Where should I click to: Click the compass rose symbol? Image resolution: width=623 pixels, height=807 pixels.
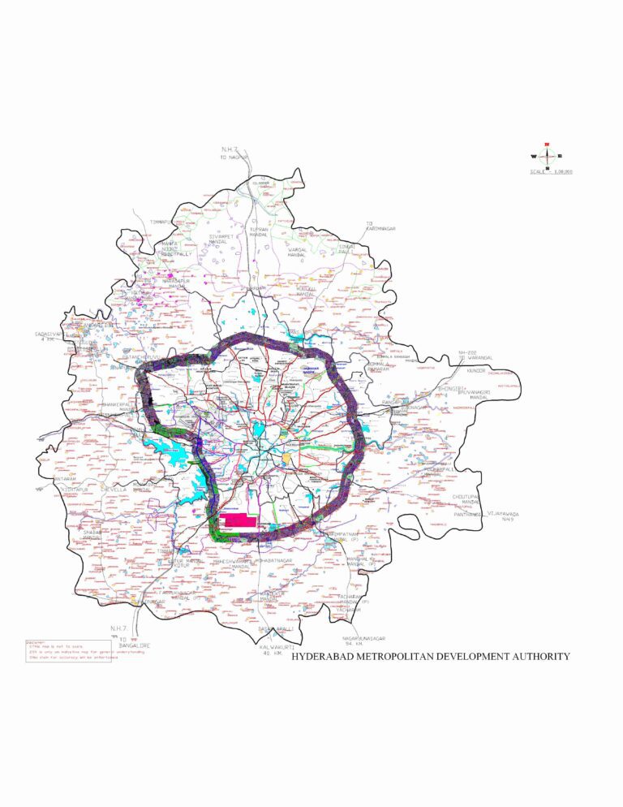point(549,156)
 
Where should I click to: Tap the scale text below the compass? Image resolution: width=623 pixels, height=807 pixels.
point(552,172)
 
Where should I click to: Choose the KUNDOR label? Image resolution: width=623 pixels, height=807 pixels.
point(476,370)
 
